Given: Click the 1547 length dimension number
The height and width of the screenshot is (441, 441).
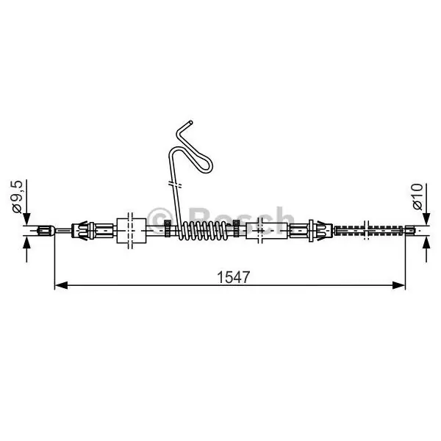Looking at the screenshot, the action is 233,277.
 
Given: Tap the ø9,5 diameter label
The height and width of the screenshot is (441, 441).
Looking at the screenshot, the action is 17,196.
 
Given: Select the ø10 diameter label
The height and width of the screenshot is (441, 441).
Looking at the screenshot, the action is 417,196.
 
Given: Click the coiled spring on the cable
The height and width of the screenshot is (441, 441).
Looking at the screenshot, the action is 202,230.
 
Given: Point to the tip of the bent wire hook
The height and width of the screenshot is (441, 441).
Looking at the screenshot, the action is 191,123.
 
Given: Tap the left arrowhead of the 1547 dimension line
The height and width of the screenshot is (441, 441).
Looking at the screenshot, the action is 61,285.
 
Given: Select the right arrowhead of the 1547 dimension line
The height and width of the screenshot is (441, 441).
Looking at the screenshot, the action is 398,285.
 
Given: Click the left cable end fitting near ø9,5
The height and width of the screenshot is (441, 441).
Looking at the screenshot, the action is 45,231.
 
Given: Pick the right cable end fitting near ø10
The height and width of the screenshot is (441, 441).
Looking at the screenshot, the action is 410,231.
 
